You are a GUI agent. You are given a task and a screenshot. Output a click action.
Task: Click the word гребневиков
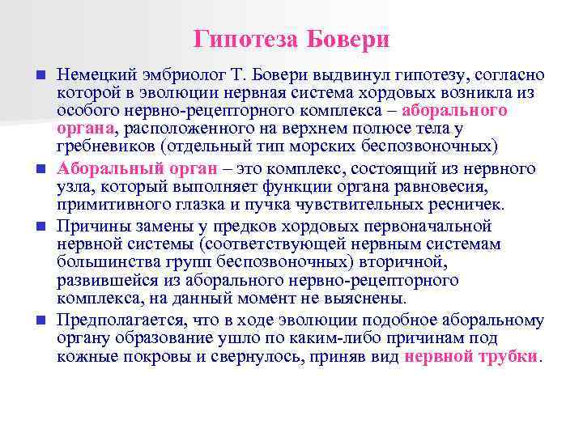(104, 146)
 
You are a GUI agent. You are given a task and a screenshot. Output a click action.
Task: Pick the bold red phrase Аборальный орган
(137, 168)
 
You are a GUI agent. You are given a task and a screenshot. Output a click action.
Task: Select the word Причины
(90, 226)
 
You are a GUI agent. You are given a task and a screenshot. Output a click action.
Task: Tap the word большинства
(104, 261)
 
